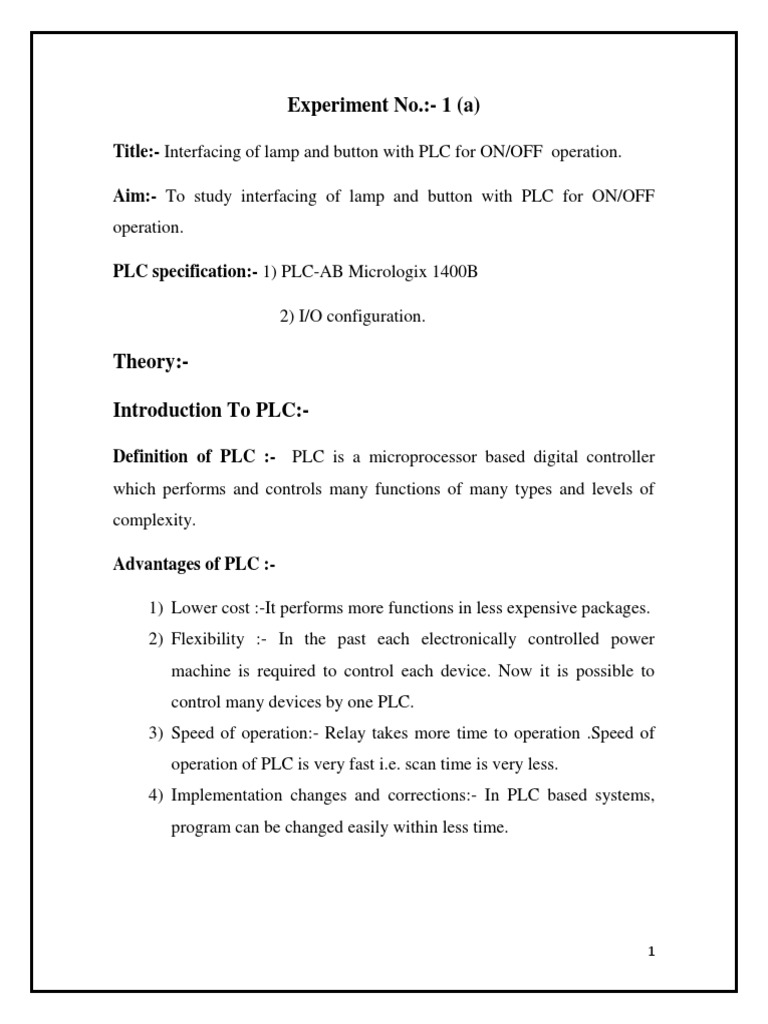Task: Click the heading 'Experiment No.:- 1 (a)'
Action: pos(383,105)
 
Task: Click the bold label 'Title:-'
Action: pos(135,152)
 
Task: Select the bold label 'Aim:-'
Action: pos(133,196)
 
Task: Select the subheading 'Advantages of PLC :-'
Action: pos(193,565)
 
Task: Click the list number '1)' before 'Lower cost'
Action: pos(155,608)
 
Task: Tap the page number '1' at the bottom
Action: pos(651,951)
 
